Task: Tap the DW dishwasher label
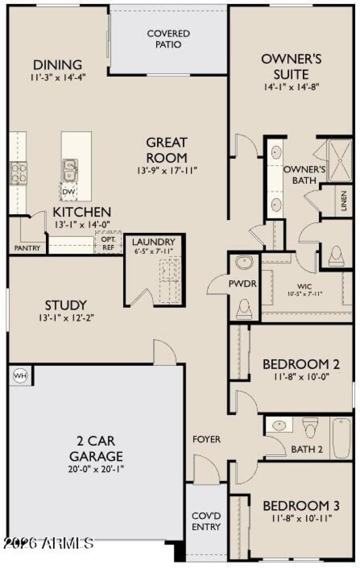click(x=68, y=192)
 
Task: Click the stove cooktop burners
click(x=18, y=172)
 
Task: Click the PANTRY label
click(x=27, y=248)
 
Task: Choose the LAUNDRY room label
click(x=153, y=242)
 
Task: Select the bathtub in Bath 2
click(x=342, y=437)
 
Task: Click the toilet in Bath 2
click(x=310, y=426)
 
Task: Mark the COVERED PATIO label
click(x=168, y=39)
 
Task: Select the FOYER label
click(x=207, y=439)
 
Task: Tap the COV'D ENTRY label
click(x=206, y=521)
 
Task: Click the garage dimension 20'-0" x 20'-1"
click(x=95, y=469)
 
